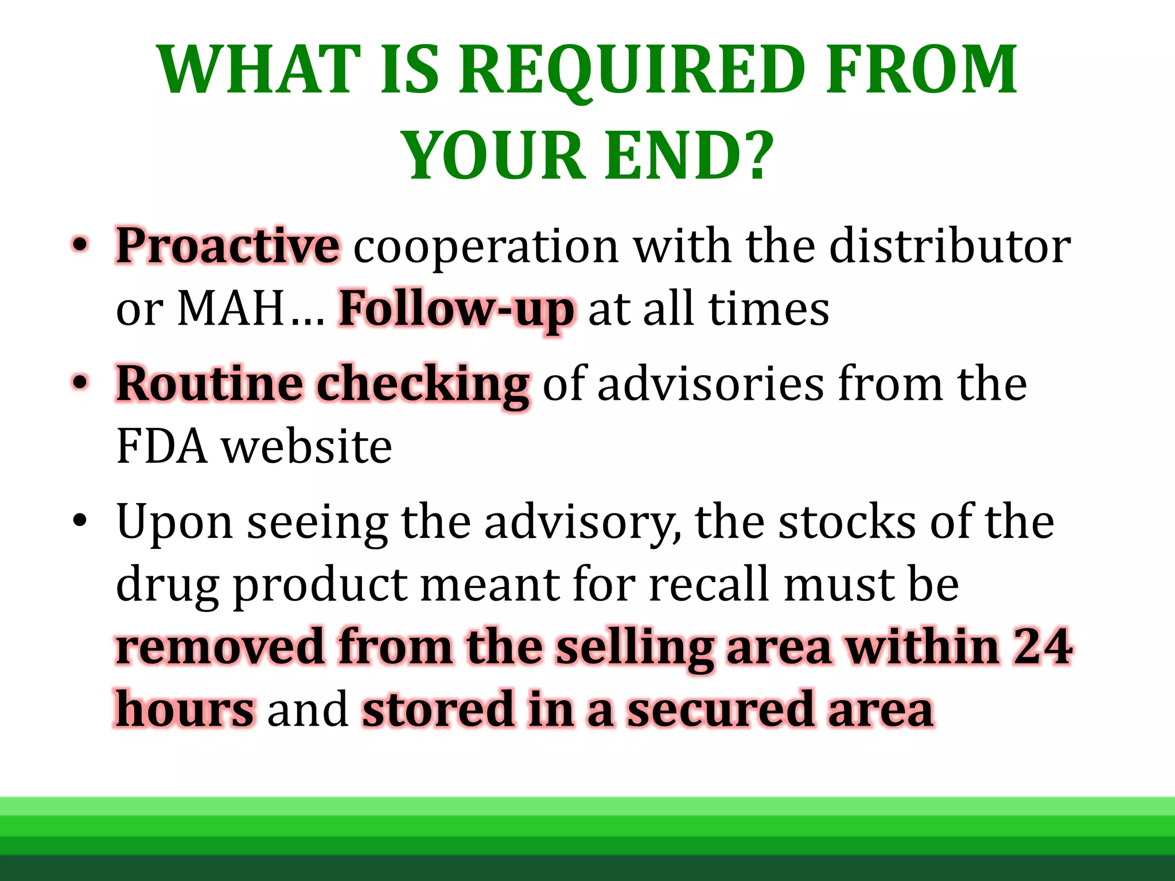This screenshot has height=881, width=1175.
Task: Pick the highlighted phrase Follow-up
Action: [456, 310]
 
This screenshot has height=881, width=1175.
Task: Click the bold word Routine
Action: [209, 384]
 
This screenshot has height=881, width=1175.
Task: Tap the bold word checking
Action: [423, 384]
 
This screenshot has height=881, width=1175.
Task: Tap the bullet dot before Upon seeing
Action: [80, 521]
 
